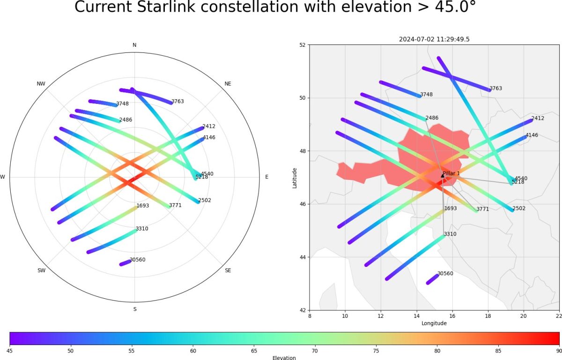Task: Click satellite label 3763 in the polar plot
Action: point(178,101)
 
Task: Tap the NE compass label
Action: point(228,84)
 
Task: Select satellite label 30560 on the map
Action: point(445,273)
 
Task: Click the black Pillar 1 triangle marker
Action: point(443,176)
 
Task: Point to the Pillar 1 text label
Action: point(451,173)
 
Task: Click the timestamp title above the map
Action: point(434,39)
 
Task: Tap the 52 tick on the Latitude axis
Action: point(303,45)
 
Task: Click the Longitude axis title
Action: point(434,323)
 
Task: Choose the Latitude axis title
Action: point(295,178)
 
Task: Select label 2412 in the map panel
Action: point(538,118)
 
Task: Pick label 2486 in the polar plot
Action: point(126,120)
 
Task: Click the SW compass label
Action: point(41,271)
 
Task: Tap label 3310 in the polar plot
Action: point(142,229)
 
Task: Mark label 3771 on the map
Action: point(482,209)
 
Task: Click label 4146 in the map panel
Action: point(532,135)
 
